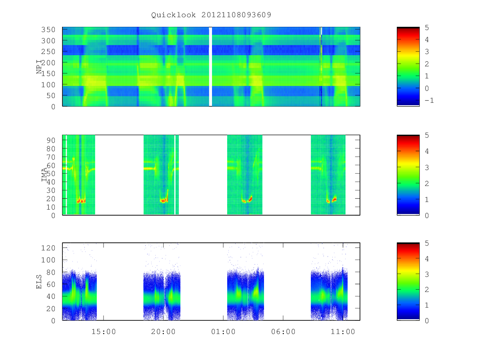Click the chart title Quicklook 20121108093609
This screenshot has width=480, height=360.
point(211,15)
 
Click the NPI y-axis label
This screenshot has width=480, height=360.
point(39,67)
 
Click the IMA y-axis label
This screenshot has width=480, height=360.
point(44,175)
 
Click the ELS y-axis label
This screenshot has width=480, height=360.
point(39,282)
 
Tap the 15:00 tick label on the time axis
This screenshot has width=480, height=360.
point(104,332)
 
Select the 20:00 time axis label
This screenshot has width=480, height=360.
point(163,332)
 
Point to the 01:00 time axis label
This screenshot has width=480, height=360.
point(223,332)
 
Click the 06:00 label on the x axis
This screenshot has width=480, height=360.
point(283,332)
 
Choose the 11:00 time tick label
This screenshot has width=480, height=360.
point(343,332)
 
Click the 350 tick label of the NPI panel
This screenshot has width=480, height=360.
point(48,30)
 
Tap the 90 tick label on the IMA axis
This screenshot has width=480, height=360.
point(51,140)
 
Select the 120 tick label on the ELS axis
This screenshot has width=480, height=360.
point(48,248)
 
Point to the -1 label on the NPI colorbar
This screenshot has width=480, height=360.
point(429,100)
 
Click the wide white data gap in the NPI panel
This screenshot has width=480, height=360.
point(210,67)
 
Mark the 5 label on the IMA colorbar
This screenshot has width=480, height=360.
point(427,135)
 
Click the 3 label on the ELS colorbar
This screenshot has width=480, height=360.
point(427,274)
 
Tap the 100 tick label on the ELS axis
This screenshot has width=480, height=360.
point(48,260)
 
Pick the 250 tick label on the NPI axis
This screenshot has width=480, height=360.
point(48,52)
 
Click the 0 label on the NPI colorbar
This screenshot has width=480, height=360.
point(427,88)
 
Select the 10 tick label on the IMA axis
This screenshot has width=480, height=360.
point(51,207)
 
